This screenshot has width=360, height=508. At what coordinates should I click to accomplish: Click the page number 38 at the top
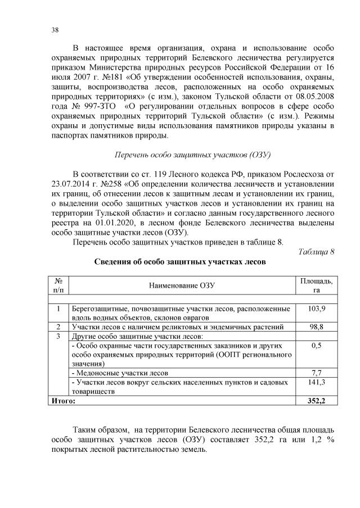55,30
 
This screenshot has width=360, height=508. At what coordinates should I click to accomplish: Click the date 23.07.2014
70,183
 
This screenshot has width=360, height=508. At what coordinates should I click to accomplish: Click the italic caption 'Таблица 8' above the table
316,251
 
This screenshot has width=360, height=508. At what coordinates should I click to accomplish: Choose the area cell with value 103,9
316,309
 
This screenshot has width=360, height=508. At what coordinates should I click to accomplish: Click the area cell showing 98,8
316,326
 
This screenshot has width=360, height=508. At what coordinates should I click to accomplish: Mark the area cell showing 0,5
316,346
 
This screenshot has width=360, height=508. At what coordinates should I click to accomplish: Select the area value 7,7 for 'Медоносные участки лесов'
316,373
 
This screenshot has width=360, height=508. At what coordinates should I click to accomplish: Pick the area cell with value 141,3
316,382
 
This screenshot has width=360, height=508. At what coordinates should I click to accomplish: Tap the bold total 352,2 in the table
316,401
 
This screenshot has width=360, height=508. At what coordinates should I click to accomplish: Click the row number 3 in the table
58,336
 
